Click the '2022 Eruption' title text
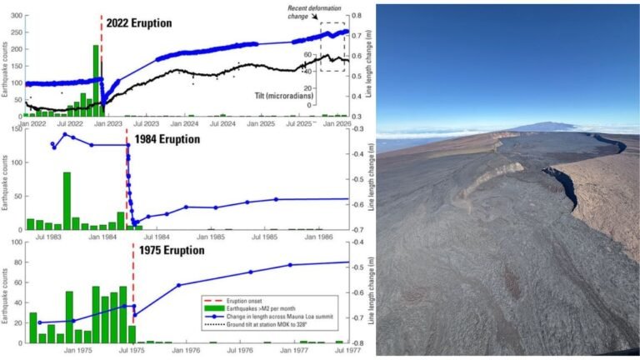click(x=140, y=22)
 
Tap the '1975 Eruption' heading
click(x=172, y=250)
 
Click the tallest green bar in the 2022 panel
click(x=96, y=80)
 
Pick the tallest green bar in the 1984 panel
click(x=67, y=200)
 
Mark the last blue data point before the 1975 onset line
click(x=124, y=305)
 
